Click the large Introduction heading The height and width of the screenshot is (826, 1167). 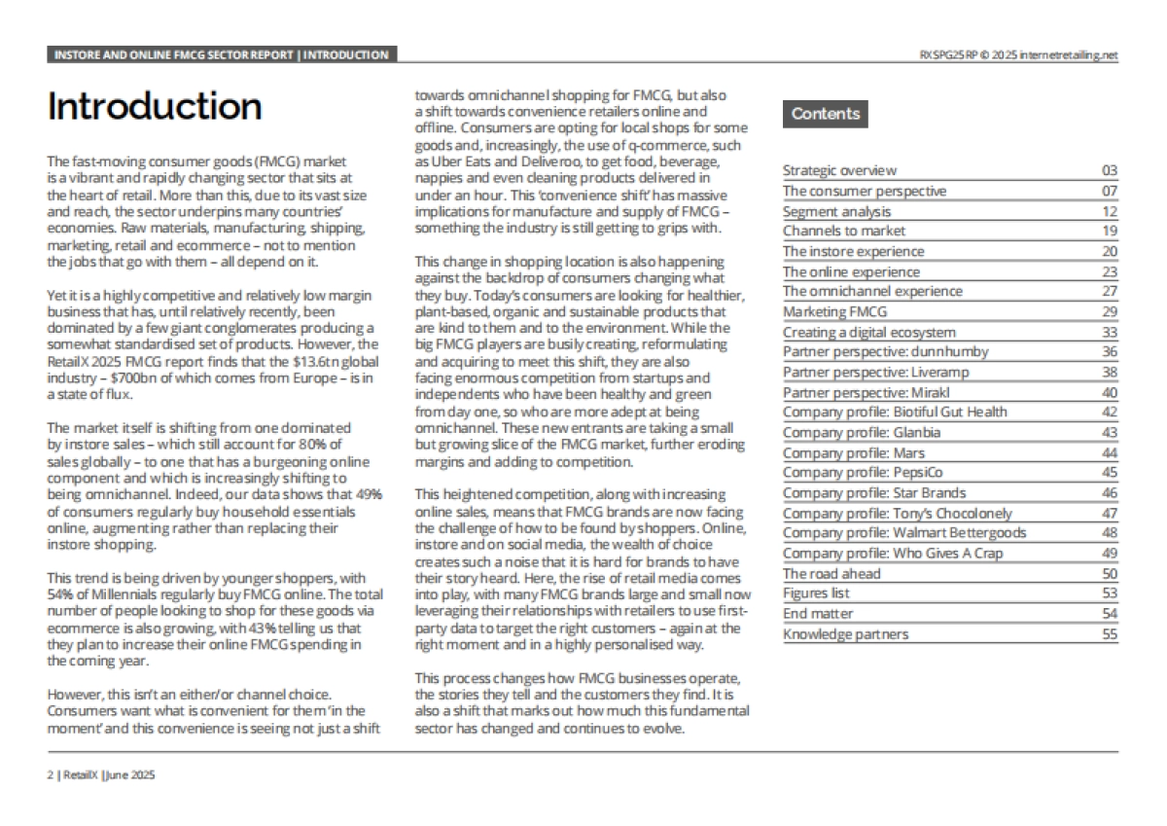point(154,107)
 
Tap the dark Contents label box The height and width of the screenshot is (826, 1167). point(825,114)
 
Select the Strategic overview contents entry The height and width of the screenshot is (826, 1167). point(840,170)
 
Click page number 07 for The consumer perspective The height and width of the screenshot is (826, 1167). point(1110,191)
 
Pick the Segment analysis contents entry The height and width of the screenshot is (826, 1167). point(836,211)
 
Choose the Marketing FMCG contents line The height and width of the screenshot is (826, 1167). point(835,311)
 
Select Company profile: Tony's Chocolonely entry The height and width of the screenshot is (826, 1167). point(897,513)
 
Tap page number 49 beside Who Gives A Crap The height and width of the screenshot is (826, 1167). point(1110,554)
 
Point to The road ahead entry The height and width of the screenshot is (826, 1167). point(831,573)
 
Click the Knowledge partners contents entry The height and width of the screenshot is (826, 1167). point(846,634)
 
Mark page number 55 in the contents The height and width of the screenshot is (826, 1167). point(1110,634)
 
